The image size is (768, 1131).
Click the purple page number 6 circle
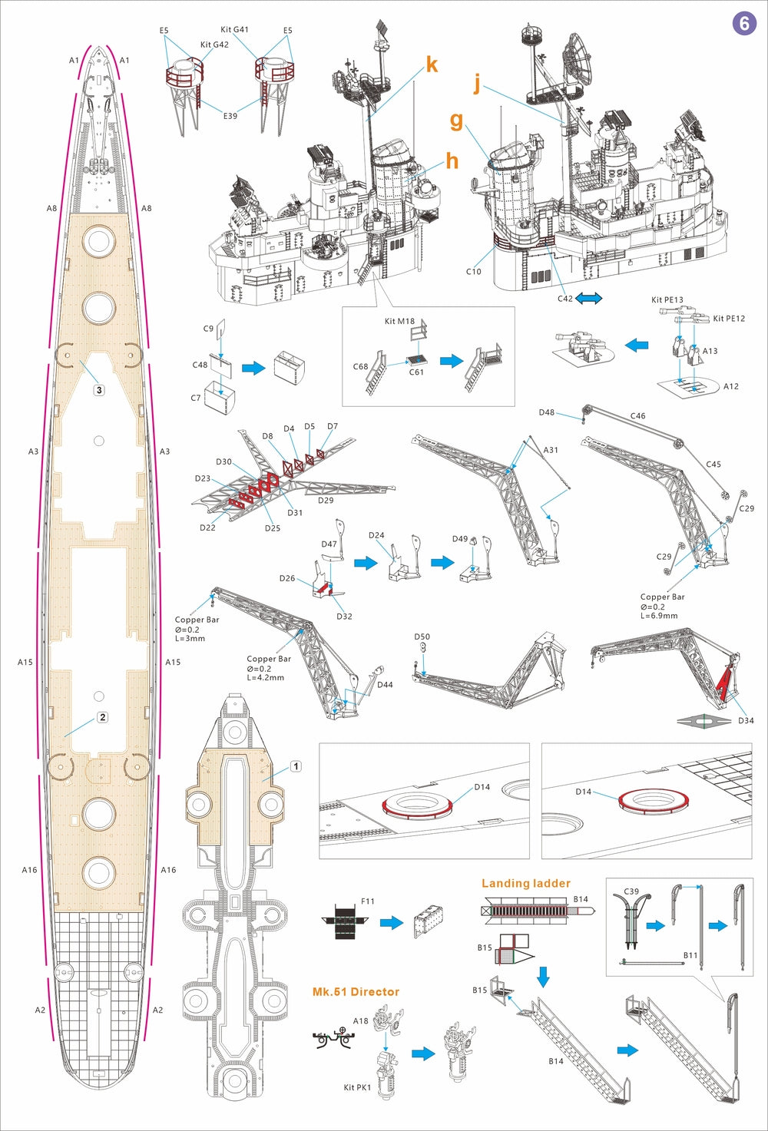pos(743,23)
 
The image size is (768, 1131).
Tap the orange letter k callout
pos(432,65)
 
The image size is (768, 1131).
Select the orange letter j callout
pos(477,83)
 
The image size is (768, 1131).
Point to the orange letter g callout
pos(456,121)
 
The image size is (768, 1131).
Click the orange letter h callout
pos(452,160)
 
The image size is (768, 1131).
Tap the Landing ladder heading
pos(525,884)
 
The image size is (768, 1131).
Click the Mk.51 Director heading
pos(356,992)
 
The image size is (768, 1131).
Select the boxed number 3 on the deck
pos(98,390)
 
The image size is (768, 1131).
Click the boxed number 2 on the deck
pos(102,717)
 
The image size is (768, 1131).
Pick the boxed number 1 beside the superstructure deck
pos(296,766)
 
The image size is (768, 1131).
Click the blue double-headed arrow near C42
pos(589,298)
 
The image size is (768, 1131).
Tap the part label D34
pos(746,720)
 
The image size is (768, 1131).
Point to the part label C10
pos(473,272)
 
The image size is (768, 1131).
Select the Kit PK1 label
pos(357,1087)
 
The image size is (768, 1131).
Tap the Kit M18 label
pos(399,321)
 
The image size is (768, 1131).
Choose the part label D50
pos(422,637)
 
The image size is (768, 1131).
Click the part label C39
pos(631,891)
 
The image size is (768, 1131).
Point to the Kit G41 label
pos(234,30)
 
